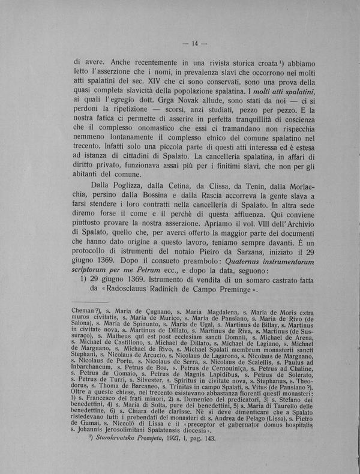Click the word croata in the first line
click(x=260, y=62)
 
